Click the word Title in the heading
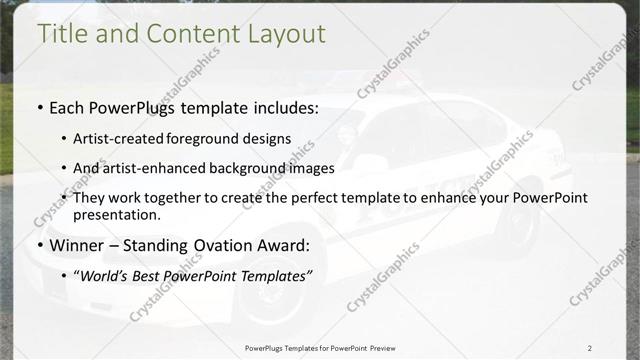(61, 33)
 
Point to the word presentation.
(116, 214)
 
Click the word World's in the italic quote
(108, 275)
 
